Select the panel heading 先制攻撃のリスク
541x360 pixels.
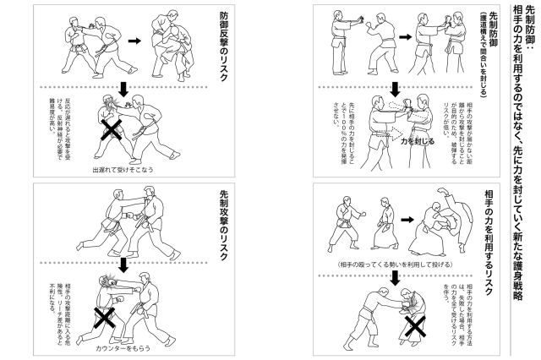[222, 222]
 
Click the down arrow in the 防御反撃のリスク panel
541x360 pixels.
[125, 88]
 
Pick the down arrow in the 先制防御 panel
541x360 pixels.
[396, 88]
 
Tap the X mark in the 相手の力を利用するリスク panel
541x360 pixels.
[415, 326]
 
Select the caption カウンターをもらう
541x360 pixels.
[124, 347]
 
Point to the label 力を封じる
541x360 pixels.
[418, 142]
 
